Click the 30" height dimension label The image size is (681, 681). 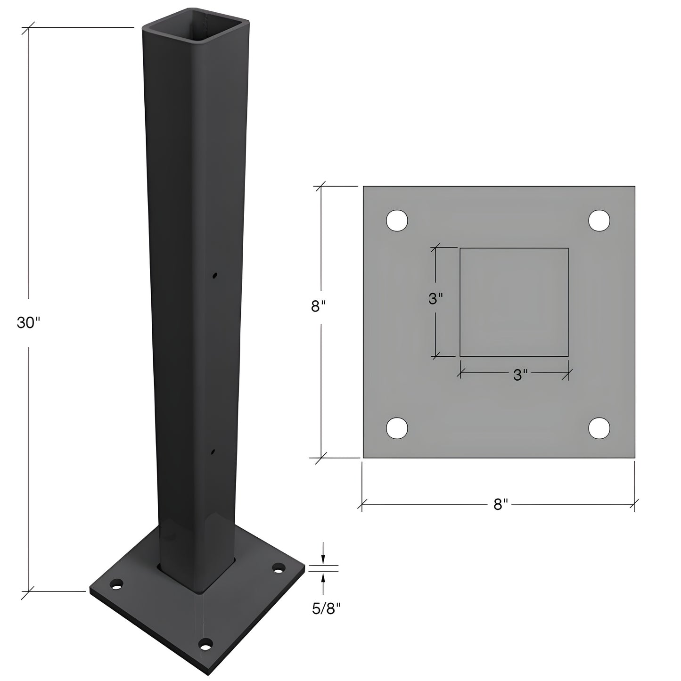click(29, 323)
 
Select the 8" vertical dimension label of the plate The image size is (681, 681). click(318, 306)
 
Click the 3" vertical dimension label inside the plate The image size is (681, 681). click(435, 299)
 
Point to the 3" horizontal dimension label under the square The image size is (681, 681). click(520, 375)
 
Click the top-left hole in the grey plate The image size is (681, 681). click(397, 221)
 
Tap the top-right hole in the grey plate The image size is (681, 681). click(599, 221)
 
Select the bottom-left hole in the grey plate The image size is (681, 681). click(397, 428)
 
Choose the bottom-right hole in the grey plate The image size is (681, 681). click(599, 428)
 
